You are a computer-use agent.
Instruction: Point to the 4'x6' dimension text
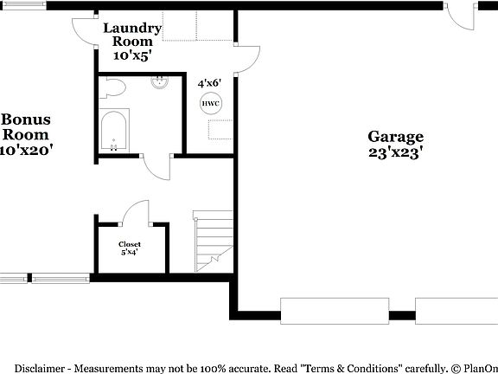209,83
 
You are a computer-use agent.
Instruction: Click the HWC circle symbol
210,104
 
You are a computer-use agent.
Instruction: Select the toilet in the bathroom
112,87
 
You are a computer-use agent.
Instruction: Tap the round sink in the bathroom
159,83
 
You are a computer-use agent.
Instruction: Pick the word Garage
396,136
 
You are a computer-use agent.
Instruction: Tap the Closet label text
130,244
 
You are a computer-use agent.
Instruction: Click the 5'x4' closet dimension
130,254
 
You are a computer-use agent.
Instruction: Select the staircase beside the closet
212,242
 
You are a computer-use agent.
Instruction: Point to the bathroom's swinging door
157,167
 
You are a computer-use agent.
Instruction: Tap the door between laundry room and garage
248,59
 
